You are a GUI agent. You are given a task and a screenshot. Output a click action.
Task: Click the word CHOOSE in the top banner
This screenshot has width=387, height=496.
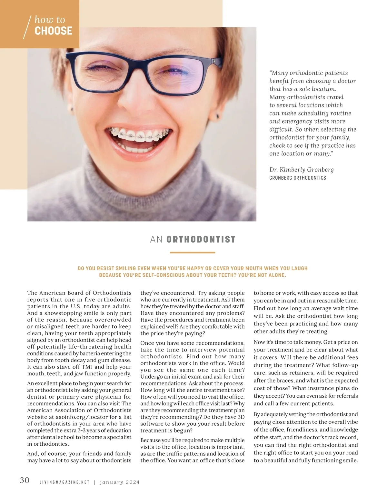pyautogui.click(x=53, y=31)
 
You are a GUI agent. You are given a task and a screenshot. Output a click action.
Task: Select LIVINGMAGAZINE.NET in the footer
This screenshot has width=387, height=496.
pyautogui.click(x=64, y=482)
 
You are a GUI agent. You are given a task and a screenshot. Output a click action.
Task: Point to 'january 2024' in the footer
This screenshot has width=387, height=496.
pyautogui.click(x=120, y=482)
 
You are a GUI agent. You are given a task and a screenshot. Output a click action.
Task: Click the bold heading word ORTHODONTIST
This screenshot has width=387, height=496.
pyautogui.click(x=201, y=240)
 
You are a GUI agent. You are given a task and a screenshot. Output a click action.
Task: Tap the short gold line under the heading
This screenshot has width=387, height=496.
pyautogui.click(x=192, y=253)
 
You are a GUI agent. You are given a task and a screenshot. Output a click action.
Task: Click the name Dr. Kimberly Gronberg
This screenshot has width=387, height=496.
pyautogui.click(x=302, y=170)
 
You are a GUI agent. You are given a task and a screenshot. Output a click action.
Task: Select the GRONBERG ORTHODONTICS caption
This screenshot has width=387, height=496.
pyautogui.click(x=298, y=178)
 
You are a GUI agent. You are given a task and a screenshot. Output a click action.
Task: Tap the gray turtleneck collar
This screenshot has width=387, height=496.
pyautogui.click(x=142, y=181)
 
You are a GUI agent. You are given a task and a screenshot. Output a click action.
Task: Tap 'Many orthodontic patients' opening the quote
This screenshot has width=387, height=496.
pyautogui.click(x=310, y=73)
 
